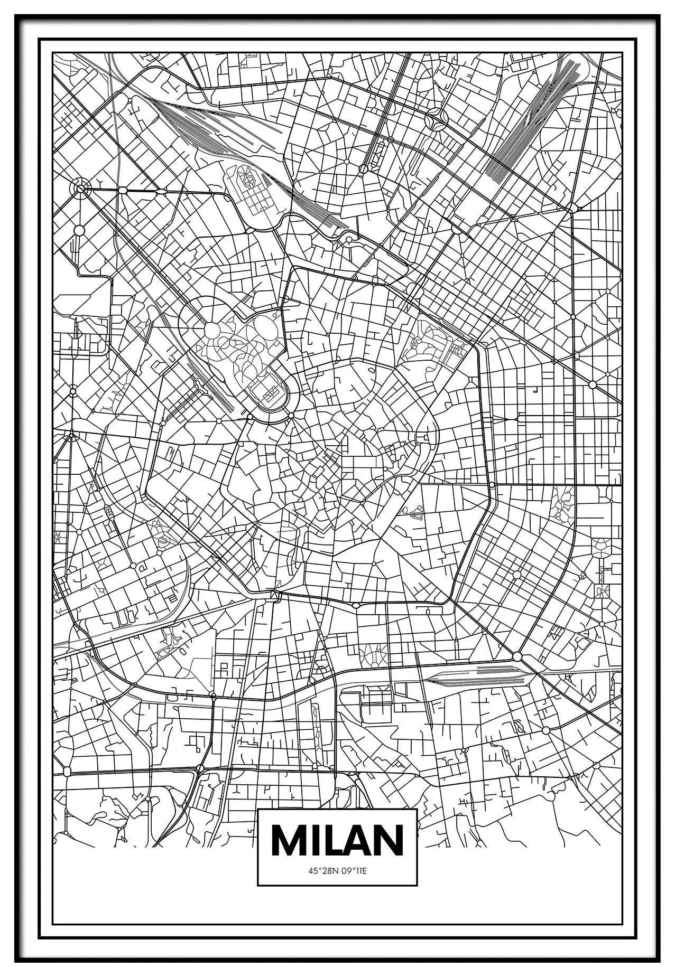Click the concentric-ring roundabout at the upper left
[80, 187]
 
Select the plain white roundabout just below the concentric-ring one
[79, 230]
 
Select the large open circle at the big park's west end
[212, 331]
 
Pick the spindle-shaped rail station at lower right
[476, 677]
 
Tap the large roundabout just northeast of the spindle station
[517, 656]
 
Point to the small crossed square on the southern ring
[273, 596]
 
